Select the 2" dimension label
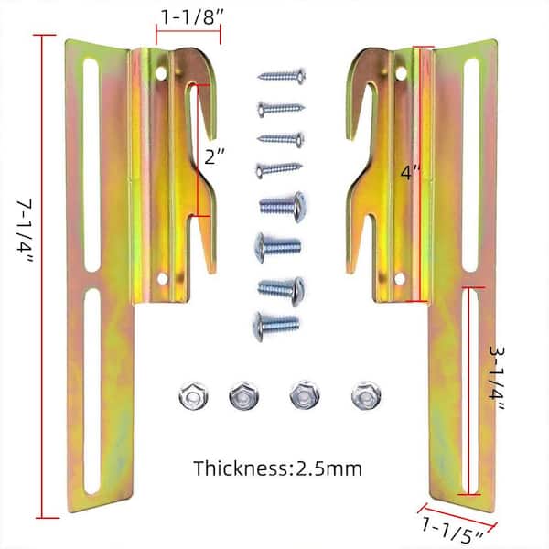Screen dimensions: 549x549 [x=215, y=156]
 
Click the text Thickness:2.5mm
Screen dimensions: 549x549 [x=278, y=468]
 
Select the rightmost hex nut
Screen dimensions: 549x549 [x=363, y=395]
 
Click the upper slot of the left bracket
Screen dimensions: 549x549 [x=89, y=165]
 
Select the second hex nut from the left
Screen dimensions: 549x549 [x=242, y=395]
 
